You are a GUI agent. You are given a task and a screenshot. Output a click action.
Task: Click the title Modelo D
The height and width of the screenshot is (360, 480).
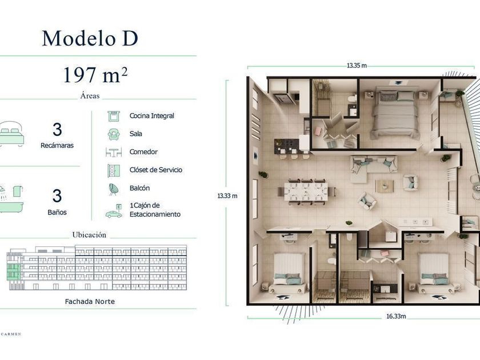click(90, 38)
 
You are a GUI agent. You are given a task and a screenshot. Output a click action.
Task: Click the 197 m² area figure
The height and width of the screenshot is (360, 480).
click(95, 75)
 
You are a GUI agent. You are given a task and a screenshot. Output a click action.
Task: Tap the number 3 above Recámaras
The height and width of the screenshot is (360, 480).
click(57, 130)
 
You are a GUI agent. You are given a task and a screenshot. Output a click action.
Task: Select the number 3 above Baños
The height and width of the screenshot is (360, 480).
click(57, 196)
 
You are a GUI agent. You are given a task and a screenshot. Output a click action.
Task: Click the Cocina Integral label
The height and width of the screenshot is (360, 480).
click(152, 115)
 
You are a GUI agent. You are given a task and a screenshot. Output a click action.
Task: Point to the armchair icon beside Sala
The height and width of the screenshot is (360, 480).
click(114, 134)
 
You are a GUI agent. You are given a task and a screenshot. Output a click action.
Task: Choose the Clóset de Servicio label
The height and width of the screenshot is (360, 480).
click(156, 170)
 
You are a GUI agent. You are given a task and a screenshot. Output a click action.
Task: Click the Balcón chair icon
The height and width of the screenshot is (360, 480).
click(114, 189)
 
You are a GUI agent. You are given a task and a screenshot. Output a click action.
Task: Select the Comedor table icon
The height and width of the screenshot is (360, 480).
click(114, 152)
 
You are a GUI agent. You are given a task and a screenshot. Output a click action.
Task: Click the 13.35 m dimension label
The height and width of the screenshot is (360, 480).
click(357, 66)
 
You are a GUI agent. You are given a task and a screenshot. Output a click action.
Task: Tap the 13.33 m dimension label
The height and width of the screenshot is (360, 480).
click(227, 196)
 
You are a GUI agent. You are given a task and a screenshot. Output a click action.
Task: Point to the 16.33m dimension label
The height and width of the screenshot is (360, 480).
click(396, 316)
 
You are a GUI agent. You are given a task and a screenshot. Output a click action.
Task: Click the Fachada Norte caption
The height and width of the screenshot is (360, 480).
click(90, 302)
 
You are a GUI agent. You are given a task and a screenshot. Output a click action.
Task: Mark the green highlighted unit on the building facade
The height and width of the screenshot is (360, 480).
click(13, 271)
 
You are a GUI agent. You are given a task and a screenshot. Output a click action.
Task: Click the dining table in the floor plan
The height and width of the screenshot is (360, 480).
click(306, 192)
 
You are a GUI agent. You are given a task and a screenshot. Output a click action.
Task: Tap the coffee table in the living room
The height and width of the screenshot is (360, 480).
click(385, 186)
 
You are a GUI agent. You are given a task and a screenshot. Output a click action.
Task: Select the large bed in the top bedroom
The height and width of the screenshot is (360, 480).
click(394, 114)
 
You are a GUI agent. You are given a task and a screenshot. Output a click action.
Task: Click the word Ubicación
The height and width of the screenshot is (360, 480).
click(89, 235)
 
